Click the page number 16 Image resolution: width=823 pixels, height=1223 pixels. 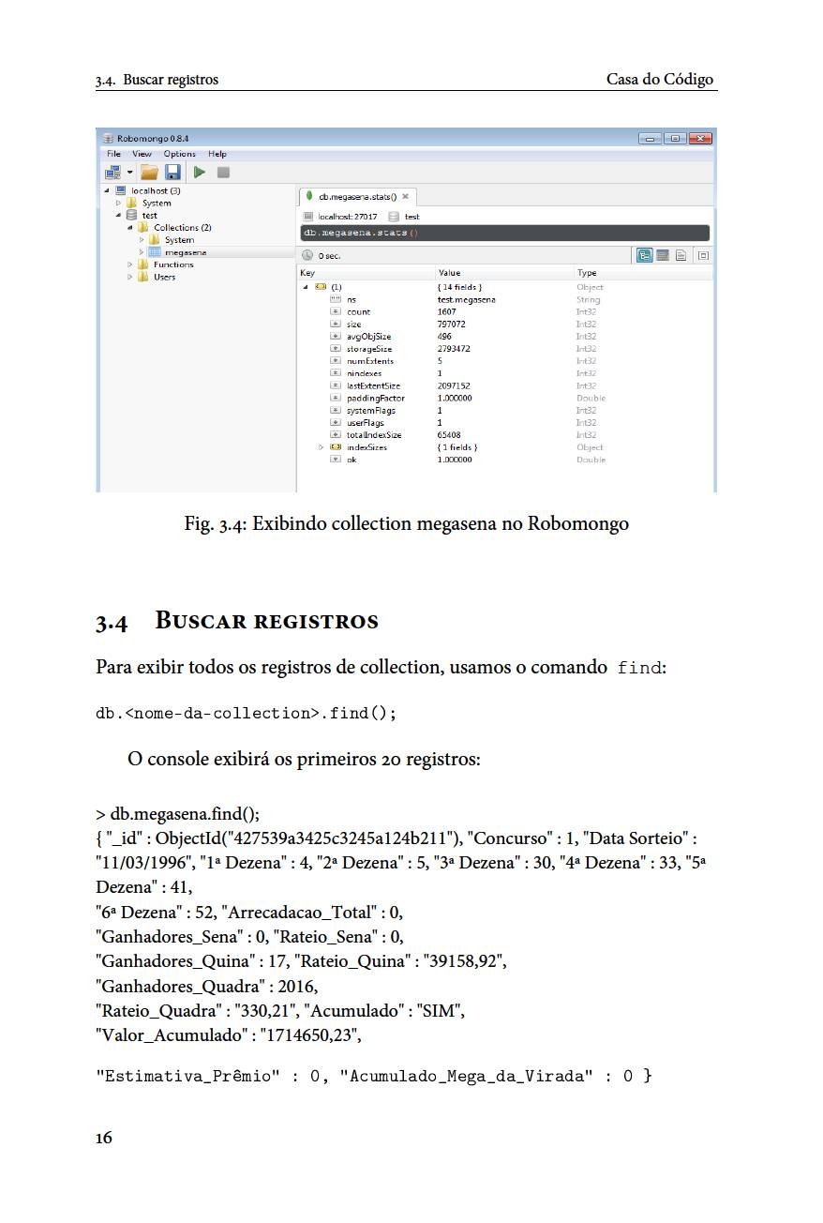tap(103, 1138)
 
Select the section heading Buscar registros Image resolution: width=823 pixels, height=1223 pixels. tap(266, 621)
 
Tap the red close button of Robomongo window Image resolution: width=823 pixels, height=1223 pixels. tap(700, 139)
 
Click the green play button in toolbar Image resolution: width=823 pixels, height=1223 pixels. tap(199, 173)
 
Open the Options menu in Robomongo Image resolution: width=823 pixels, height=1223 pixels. tap(179, 154)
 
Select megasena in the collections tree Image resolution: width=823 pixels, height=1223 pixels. tap(186, 252)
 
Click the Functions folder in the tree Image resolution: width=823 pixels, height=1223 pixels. tap(173, 264)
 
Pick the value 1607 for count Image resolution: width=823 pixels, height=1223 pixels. tap(447, 311)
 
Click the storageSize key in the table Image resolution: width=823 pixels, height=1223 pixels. tap(369, 349)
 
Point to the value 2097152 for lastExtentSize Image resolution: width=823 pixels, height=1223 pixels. tap(454, 385)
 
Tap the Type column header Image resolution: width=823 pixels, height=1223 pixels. tap(587, 273)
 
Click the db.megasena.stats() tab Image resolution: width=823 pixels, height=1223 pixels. tap(357, 197)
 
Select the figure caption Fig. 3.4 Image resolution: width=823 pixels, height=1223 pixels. tap(406, 523)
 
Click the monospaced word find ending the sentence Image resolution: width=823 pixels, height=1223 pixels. tap(639, 669)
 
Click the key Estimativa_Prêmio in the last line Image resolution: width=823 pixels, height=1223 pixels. tap(187, 1076)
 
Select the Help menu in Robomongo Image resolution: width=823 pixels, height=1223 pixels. tap(217, 154)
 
